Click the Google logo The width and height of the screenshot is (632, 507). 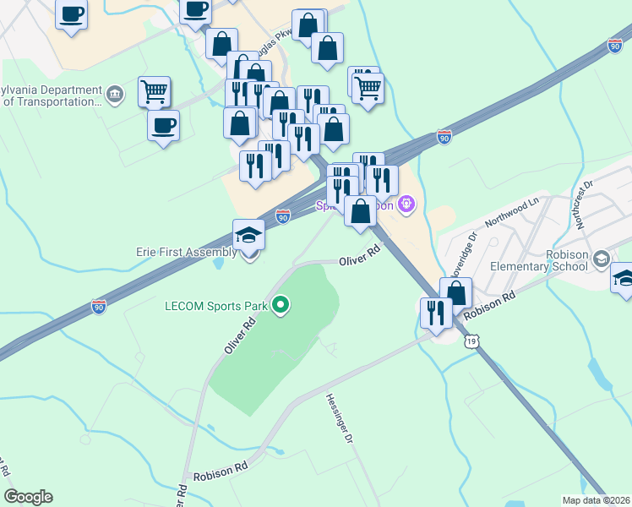pos(28,497)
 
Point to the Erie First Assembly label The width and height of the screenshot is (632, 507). pos(186,252)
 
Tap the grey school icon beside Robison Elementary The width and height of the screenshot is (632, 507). pos(601,258)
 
